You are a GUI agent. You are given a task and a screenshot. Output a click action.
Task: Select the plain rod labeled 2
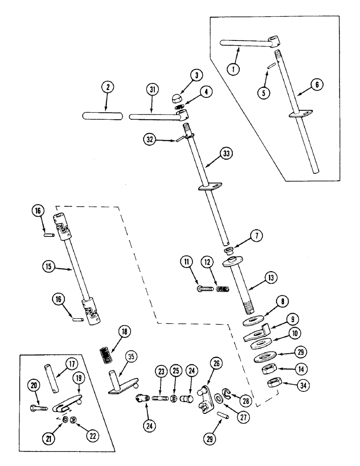(x=103, y=115)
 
